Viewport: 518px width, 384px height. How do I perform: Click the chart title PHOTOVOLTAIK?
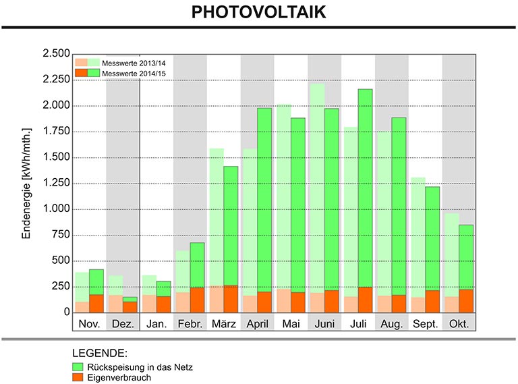(259, 13)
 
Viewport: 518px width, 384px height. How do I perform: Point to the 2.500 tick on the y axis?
(55, 54)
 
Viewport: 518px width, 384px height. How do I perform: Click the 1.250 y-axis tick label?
(55, 184)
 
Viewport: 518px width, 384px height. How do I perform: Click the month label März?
(223, 324)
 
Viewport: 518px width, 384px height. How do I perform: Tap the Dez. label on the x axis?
(123, 324)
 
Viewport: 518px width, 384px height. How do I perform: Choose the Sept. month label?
(425, 324)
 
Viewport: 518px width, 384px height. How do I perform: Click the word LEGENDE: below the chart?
(100, 353)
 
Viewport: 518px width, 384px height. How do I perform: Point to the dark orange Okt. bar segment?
(466, 301)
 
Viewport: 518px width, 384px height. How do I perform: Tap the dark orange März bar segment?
(231, 299)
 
